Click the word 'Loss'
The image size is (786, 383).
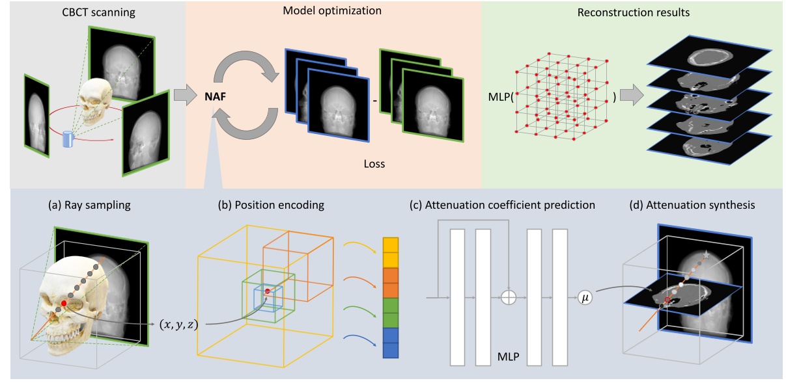tap(374, 164)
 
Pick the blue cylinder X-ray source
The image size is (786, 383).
tap(67, 139)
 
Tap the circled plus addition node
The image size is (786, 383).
tap(508, 297)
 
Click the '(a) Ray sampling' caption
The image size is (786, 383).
tap(90, 205)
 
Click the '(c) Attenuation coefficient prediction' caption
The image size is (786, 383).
tap(502, 205)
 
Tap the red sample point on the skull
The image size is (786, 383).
tap(64, 303)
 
